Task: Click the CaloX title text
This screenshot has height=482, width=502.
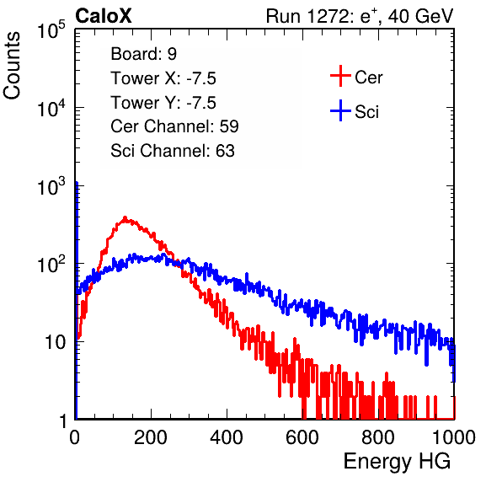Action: click(x=104, y=16)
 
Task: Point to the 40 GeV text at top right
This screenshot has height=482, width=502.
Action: click(x=421, y=16)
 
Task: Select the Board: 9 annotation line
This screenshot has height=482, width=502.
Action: click(x=143, y=54)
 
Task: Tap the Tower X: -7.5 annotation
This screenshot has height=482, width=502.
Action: click(x=163, y=78)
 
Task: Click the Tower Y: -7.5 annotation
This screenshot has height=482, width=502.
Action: click(x=163, y=103)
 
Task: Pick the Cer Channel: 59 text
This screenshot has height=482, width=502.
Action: click(x=174, y=126)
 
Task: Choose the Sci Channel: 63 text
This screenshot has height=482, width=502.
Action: click(x=173, y=151)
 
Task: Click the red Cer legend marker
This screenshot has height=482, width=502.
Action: click(x=340, y=76)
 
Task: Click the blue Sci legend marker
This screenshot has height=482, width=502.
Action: click(x=340, y=111)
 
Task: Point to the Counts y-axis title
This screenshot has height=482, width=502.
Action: click(x=12, y=66)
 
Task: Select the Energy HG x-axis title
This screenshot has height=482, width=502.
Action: click(x=397, y=461)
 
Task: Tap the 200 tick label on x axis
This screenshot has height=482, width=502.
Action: click(x=151, y=437)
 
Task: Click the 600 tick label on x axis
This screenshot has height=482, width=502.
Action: click(x=302, y=437)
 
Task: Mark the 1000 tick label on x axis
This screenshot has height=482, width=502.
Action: click(x=454, y=437)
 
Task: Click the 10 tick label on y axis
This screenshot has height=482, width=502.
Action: click(x=56, y=342)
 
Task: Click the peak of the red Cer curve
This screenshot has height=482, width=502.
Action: click(x=125, y=217)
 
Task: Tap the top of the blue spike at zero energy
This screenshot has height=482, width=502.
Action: click(x=77, y=183)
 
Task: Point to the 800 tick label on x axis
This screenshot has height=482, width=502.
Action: click(x=378, y=437)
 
